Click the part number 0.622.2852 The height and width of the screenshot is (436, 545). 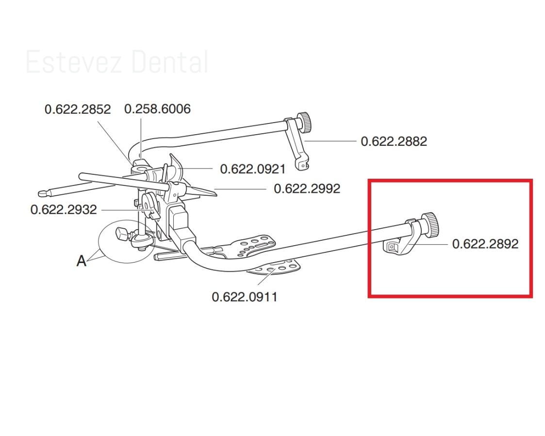tap(78, 109)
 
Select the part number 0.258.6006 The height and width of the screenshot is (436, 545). tap(157, 109)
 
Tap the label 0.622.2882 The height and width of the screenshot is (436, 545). tap(394, 141)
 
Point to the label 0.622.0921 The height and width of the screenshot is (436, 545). tap(253, 169)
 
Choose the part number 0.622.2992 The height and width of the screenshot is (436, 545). tap(307, 188)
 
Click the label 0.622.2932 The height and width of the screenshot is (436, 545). tap(64, 209)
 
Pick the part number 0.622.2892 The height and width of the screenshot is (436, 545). tap(485, 244)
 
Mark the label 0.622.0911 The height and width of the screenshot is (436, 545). tap(244, 297)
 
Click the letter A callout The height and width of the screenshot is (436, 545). tap(81, 261)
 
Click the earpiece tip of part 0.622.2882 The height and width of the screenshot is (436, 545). tap(302, 164)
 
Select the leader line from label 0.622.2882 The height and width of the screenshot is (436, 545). tap(330, 141)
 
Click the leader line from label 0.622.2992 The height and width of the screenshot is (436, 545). tap(240, 189)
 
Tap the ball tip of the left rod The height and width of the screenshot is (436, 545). tap(42, 193)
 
